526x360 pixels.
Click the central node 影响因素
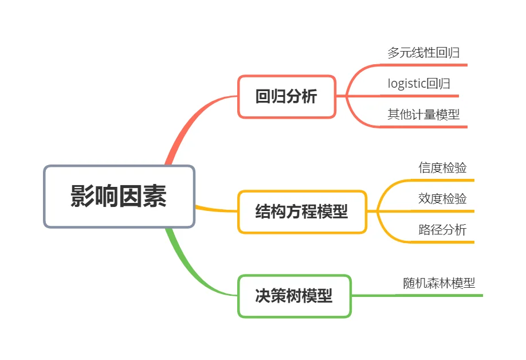click(119, 197)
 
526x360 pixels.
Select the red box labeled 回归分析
click(286, 97)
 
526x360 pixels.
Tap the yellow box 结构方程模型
click(302, 212)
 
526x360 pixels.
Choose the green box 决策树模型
click(294, 296)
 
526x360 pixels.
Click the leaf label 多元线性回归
click(423, 53)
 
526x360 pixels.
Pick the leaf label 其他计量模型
click(423, 114)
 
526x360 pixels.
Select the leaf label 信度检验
click(442, 168)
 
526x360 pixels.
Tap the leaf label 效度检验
click(442, 199)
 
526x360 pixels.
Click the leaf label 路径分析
click(442, 230)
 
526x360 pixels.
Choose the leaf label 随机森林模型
click(439, 283)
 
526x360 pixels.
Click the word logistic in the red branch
click(407, 84)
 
